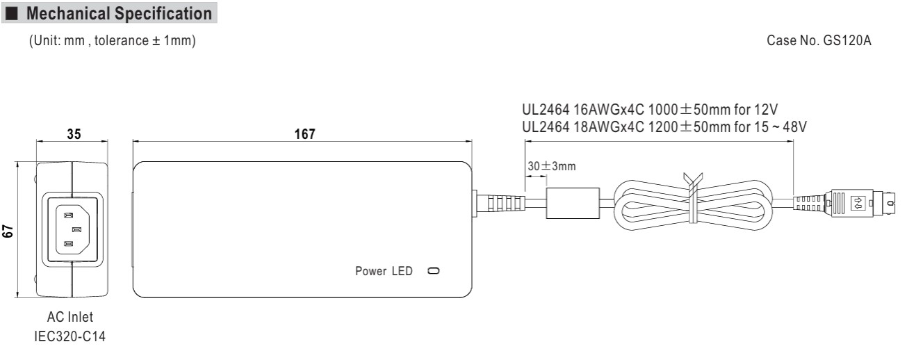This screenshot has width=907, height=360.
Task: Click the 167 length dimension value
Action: point(304,134)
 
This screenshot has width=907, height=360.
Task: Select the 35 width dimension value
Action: point(73,135)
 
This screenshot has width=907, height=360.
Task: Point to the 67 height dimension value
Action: point(9,231)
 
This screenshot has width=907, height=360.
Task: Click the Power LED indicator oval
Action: point(434,270)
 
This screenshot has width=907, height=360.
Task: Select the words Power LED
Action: point(384,270)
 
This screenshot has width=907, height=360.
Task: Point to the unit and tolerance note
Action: point(111,43)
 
